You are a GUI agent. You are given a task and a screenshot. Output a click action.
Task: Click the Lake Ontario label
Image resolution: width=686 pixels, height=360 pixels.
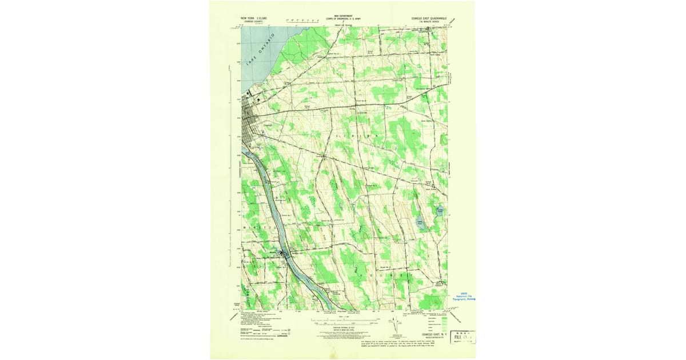click(260, 50)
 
